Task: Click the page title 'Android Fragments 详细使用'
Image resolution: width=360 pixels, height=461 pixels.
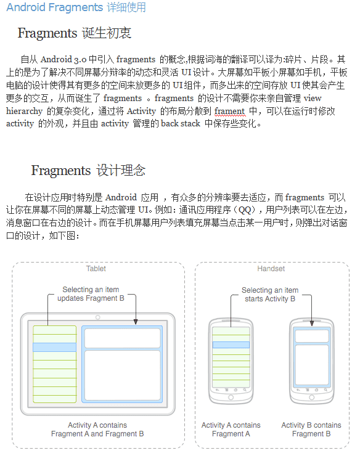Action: click(x=76, y=8)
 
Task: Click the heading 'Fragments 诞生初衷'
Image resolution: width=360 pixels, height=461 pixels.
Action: click(x=74, y=33)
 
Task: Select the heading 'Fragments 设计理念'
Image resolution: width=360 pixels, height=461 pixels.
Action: click(x=88, y=171)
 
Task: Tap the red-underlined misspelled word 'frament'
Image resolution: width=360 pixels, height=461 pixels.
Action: click(x=230, y=112)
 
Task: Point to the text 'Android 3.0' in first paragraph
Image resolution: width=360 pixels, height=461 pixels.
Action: click(x=63, y=60)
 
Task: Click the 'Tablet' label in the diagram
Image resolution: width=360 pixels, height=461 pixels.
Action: click(x=96, y=269)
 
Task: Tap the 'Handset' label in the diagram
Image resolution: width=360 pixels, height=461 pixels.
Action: click(x=271, y=269)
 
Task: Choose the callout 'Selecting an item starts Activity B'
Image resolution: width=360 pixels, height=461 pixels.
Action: click(x=269, y=295)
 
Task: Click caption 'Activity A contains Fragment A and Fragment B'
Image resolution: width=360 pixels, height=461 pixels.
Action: click(x=97, y=430)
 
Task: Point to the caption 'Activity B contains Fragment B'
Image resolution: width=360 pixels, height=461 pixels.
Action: click(x=311, y=430)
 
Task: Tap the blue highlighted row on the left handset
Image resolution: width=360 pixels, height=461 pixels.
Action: click(x=231, y=345)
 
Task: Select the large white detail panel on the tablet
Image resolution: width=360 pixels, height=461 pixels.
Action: click(x=122, y=375)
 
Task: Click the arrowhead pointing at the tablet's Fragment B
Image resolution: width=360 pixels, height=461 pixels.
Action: click(x=136, y=321)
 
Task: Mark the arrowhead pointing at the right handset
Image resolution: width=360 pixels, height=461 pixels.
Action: click(x=311, y=320)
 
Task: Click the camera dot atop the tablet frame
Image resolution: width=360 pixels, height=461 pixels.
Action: click(x=98, y=317)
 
